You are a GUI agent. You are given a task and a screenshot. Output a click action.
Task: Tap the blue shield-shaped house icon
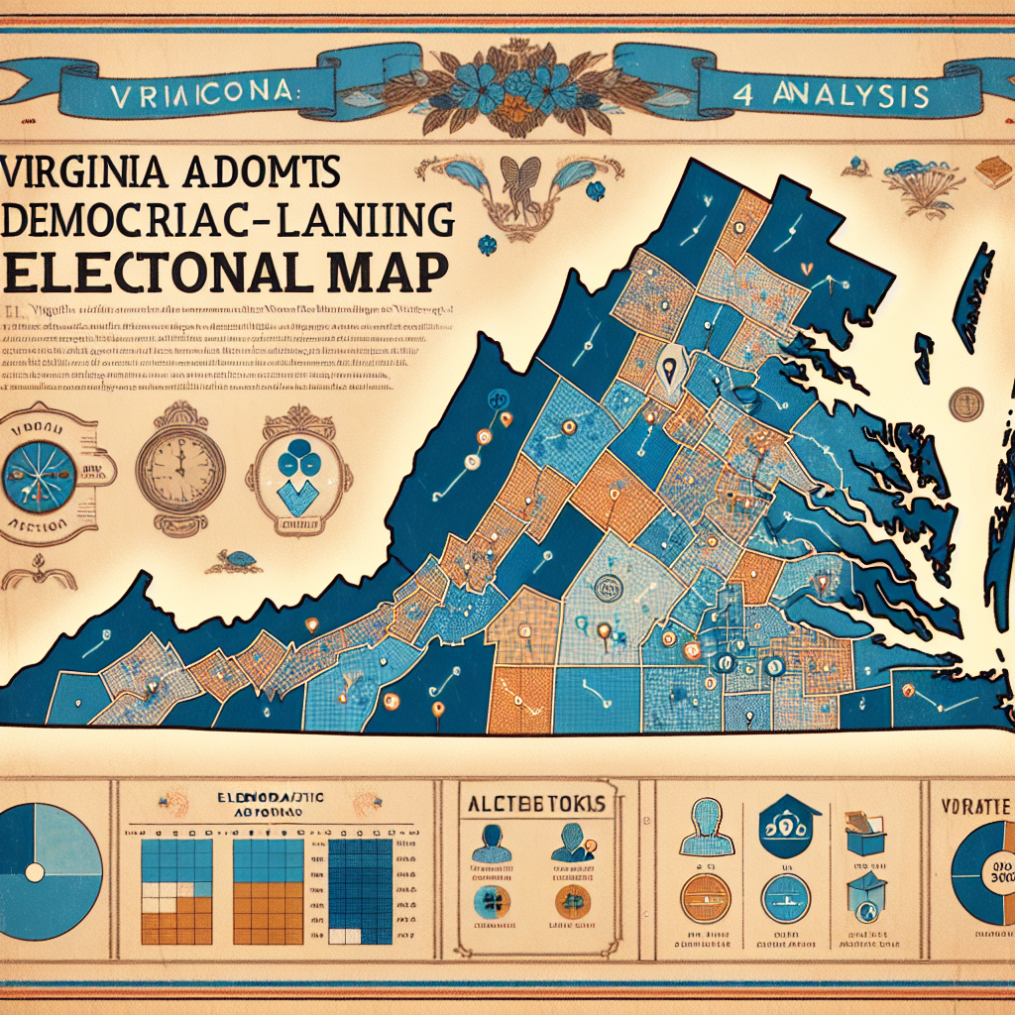(x=787, y=828)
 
